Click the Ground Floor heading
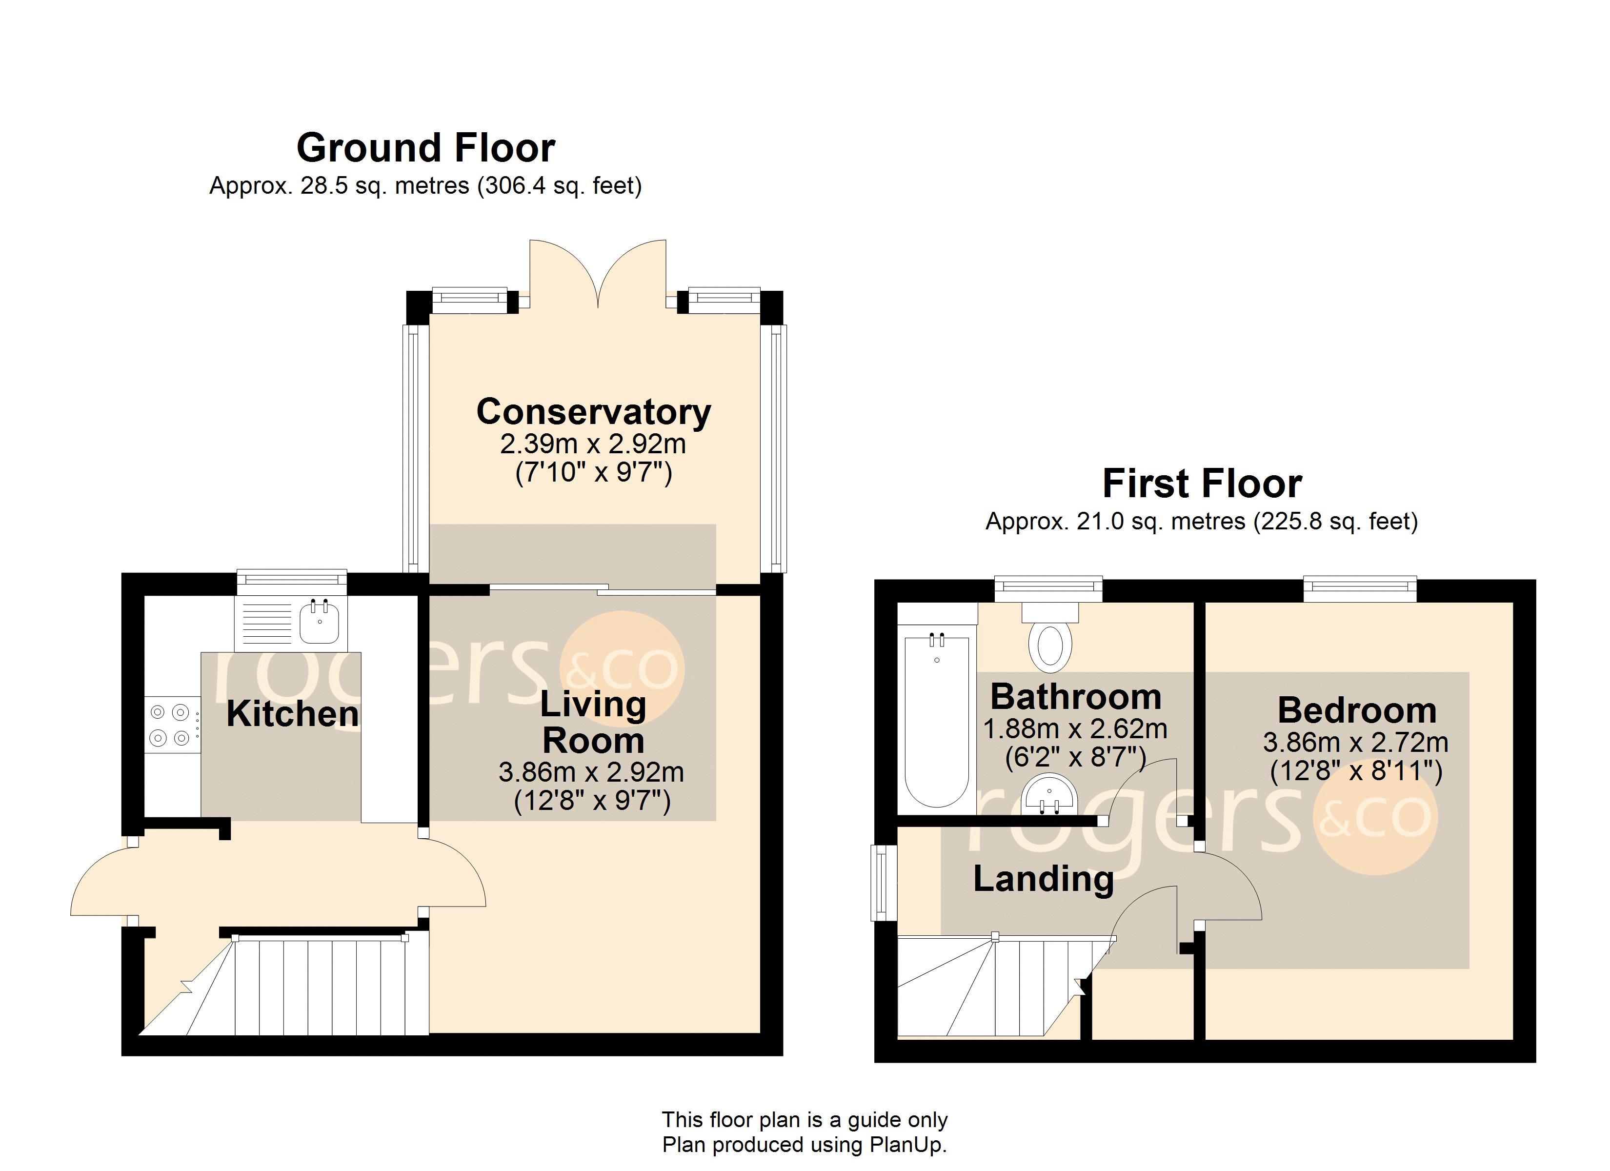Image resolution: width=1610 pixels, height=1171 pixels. tap(425, 148)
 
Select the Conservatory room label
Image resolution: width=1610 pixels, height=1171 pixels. tap(593, 412)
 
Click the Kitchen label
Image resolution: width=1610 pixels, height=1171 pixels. tap(292, 714)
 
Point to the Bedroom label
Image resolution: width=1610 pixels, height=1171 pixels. tap(1357, 710)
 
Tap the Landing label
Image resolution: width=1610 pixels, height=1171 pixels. tap(1043, 879)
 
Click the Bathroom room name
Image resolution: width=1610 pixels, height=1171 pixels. tap(1075, 697)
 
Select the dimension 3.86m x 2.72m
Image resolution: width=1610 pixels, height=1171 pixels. tap(1355, 743)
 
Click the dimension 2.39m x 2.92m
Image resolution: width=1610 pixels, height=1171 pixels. tap(593, 444)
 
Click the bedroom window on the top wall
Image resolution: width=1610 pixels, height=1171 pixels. tap(1359, 589)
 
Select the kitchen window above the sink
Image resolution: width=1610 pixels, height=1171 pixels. tap(291, 582)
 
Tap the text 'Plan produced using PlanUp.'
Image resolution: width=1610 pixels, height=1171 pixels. tap(805, 1144)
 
